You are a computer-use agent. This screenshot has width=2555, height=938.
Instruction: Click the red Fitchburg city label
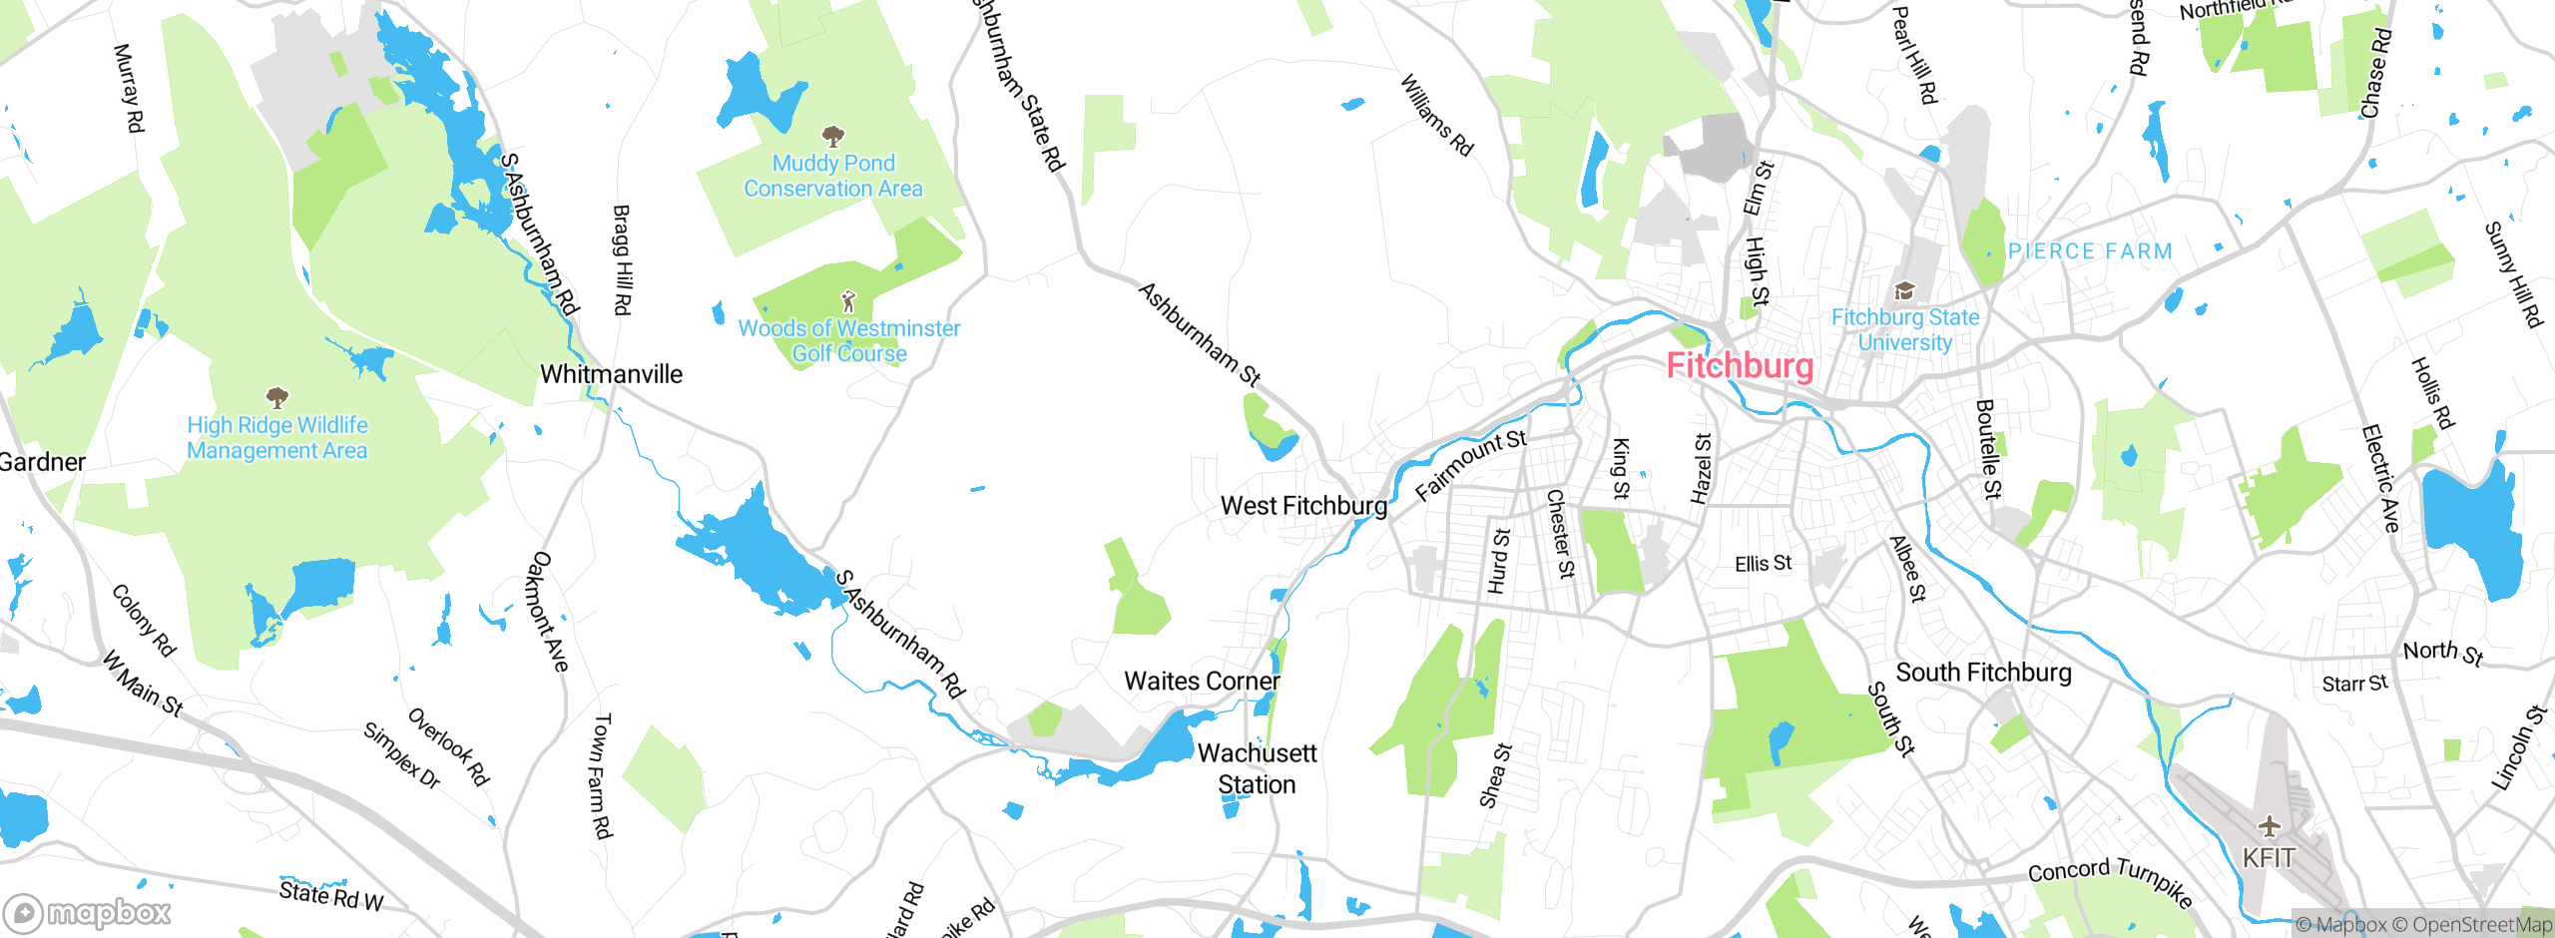click(x=1740, y=366)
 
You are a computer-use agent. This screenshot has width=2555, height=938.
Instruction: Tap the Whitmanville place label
click(x=611, y=374)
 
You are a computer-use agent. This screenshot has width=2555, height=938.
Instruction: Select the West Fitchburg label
click(x=1303, y=506)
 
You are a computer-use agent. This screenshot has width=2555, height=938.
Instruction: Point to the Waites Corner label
click(x=1202, y=682)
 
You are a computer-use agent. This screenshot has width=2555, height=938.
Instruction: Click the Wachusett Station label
click(x=1257, y=768)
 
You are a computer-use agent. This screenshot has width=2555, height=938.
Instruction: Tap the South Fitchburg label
click(x=1983, y=673)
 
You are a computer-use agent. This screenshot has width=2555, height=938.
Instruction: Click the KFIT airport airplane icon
click(x=2270, y=826)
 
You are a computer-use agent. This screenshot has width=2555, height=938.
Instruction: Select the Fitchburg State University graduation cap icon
click(x=1904, y=291)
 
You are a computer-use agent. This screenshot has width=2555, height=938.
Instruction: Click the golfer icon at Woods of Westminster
click(x=848, y=301)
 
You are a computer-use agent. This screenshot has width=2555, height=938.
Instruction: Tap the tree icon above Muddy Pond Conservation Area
click(x=832, y=136)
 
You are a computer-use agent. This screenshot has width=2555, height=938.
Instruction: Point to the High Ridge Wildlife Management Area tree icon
click(x=277, y=399)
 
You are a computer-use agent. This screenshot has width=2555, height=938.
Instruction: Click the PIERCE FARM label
click(x=2090, y=251)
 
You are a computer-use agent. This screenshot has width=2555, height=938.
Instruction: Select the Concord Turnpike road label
click(x=2110, y=881)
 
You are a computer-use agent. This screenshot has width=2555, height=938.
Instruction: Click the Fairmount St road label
click(x=1471, y=465)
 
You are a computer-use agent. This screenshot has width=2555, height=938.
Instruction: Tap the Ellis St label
click(x=1763, y=564)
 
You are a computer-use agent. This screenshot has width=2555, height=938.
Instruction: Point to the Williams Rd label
click(x=1436, y=115)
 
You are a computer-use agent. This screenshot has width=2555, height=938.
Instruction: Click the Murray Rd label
click(x=129, y=88)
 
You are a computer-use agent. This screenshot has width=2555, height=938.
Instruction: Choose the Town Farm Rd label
click(x=602, y=775)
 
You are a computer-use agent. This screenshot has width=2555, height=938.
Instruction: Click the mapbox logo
click(x=88, y=912)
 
